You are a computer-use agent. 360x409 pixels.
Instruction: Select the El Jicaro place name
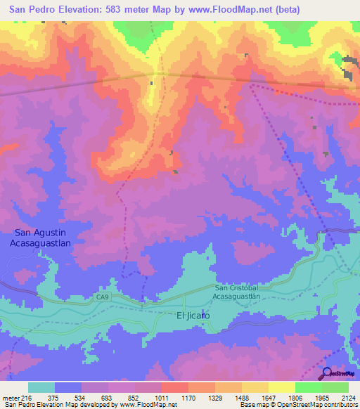click(x=193, y=316)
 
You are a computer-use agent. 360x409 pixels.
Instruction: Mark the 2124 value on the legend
click(x=347, y=398)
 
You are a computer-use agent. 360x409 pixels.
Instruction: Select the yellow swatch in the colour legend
click(x=282, y=387)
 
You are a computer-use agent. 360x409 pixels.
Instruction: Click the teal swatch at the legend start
click(x=41, y=387)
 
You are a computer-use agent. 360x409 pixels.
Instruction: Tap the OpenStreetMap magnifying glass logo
click(x=326, y=374)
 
